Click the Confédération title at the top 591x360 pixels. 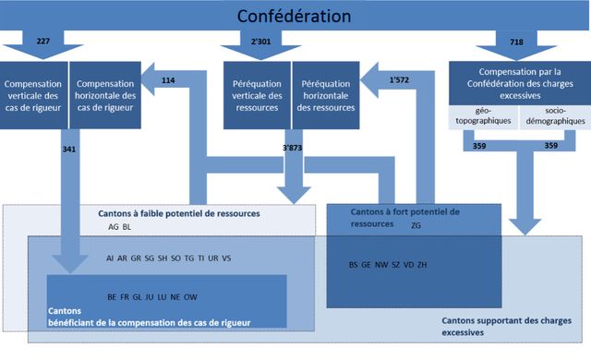tap(294, 17)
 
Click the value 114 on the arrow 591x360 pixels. tap(168, 80)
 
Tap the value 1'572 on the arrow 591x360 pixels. tap(400, 80)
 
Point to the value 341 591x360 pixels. tap(67, 148)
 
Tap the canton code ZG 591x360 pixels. tap(416, 224)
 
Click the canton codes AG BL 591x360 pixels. tap(120, 225)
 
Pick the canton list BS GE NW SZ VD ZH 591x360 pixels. tap(388, 265)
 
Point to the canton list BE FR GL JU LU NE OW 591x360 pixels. tap(152, 296)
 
